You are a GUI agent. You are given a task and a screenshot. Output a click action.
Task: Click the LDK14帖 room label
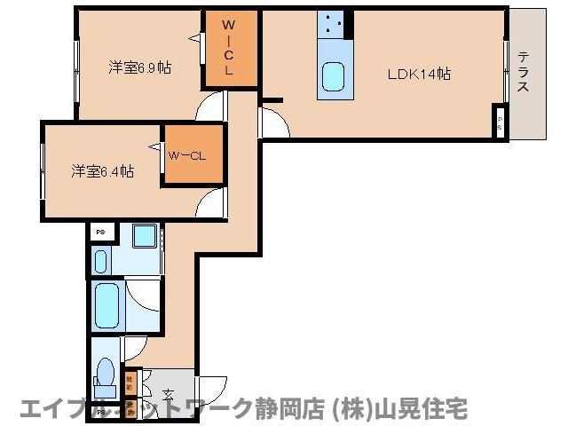coord(418,75)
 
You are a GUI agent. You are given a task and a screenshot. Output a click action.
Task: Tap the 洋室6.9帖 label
coord(140,67)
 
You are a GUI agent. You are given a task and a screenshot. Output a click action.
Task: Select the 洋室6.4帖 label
coord(103,170)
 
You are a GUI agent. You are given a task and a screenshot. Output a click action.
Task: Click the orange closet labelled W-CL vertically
coord(229,50)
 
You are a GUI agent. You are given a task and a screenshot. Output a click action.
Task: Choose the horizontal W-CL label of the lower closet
coord(187,156)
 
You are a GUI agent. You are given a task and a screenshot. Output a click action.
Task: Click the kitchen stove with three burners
coord(335,25)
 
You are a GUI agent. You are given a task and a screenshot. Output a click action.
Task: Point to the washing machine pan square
coord(145,237)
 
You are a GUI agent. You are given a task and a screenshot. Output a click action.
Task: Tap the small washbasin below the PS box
coord(100,261)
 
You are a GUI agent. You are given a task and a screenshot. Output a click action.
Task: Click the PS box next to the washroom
coord(100,233)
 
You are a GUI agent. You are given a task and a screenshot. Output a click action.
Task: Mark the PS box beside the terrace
coord(501,122)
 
